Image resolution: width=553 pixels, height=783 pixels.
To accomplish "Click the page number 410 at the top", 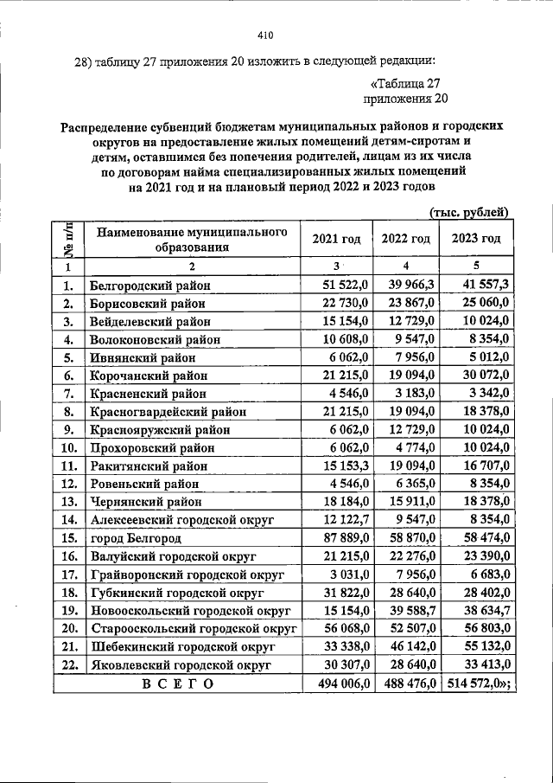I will coord(265,35).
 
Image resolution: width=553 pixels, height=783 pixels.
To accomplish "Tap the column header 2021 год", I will coord(335,239).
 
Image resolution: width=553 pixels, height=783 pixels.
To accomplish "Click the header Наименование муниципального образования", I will coord(191,240).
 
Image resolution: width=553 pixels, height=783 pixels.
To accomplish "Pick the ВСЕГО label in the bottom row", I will coord(177,683).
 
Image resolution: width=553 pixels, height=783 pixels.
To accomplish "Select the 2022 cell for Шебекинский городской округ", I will coord(408,646).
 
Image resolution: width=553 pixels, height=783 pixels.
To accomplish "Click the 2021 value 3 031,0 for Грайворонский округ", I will coord(348,574).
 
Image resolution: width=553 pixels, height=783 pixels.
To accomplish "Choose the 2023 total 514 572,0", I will coord(478,683).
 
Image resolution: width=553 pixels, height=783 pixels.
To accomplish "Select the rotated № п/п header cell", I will coord(67,239).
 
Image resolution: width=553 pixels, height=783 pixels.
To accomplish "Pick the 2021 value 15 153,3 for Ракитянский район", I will coord(345,465).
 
